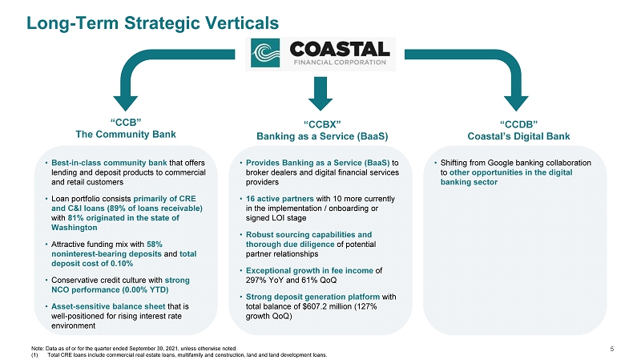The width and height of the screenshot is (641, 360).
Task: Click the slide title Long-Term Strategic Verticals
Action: click(152, 22)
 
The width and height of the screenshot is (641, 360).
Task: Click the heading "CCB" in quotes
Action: click(125, 120)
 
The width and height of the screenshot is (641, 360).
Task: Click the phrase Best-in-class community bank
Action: click(108, 163)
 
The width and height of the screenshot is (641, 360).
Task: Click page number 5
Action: click(611, 348)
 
